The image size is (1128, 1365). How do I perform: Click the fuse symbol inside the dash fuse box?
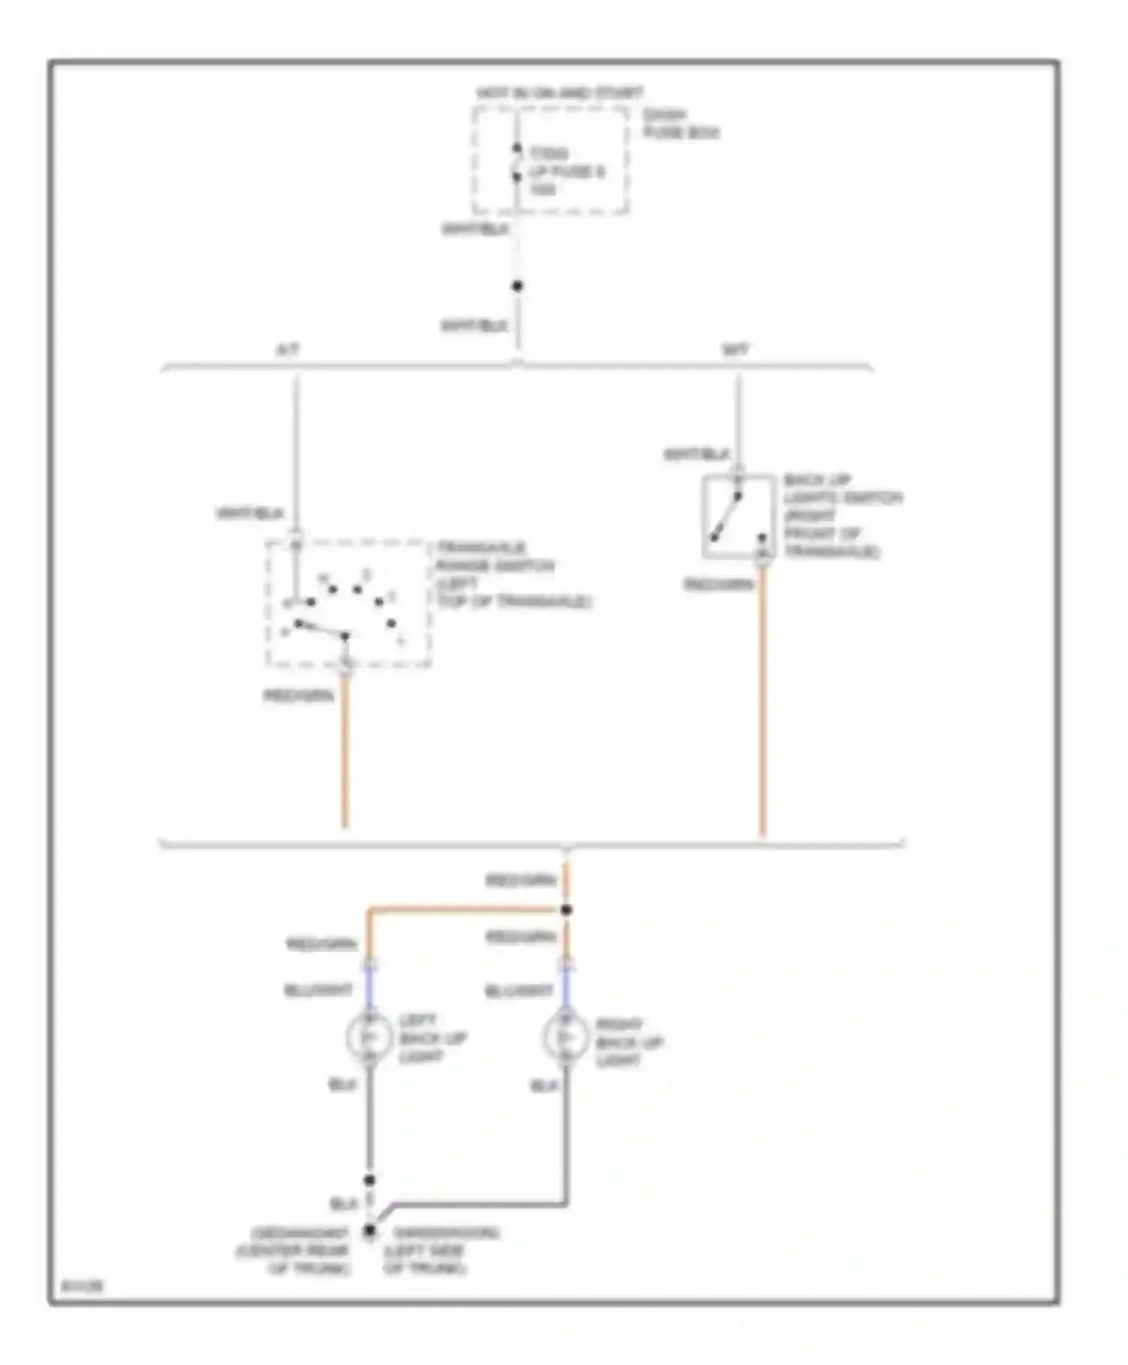pyautogui.click(x=517, y=163)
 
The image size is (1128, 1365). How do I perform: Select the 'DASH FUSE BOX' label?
pyautogui.click(x=680, y=124)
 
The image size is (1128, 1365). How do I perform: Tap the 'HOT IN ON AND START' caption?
pyautogui.click(x=559, y=93)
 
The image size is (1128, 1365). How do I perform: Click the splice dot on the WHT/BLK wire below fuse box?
pyautogui.click(x=517, y=286)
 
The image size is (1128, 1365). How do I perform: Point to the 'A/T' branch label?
pyautogui.click(x=288, y=350)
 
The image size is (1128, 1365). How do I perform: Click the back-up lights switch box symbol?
pyautogui.click(x=738, y=517)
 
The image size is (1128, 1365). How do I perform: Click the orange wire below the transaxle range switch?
pyautogui.click(x=344, y=752)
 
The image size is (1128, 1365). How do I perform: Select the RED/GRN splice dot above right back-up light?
pyautogui.click(x=566, y=910)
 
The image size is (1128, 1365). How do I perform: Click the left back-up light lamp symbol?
pyautogui.click(x=368, y=1038)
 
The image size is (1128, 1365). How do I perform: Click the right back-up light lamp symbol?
pyautogui.click(x=565, y=1038)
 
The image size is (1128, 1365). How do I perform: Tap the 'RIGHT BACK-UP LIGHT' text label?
pyautogui.click(x=629, y=1042)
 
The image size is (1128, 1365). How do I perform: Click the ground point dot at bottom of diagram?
pyautogui.click(x=369, y=1232)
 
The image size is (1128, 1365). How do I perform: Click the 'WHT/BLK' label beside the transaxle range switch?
pyautogui.click(x=250, y=514)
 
